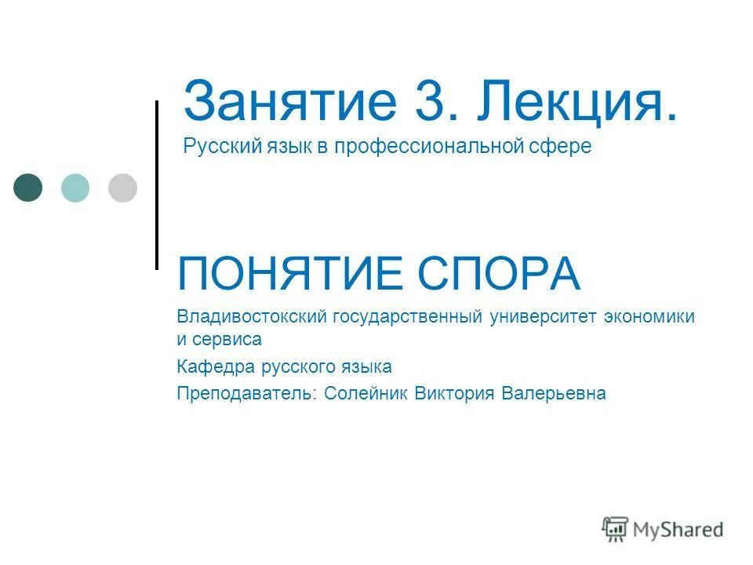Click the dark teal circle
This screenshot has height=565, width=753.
(x=28, y=188)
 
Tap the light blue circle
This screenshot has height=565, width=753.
(x=75, y=188)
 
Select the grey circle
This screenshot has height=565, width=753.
(x=122, y=188)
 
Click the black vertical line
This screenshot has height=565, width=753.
(x=157, y=185)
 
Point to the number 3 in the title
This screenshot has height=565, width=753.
(x=431, y=102)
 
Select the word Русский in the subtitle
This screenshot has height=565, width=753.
(x=215, y=147)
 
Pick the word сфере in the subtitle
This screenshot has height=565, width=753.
(x=562, y=147)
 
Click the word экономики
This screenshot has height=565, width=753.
(x=649, y=317)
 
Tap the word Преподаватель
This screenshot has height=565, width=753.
(x=244, y=393)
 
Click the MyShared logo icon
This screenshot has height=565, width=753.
(x=616, y=529)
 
